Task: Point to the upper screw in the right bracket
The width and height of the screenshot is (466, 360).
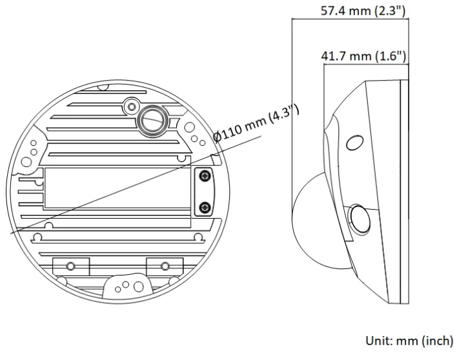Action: click(205, 176)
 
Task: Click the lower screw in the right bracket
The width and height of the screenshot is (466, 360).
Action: click(205, 207)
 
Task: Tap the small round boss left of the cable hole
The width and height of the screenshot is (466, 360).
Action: click(131, 105)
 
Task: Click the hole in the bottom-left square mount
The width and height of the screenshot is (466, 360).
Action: click(70, 265)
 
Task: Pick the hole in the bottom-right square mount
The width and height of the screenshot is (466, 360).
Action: click(165, 265)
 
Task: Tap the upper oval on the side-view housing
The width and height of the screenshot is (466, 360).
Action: click(354, 142)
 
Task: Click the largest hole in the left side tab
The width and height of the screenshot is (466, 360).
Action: click(26, 161)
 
